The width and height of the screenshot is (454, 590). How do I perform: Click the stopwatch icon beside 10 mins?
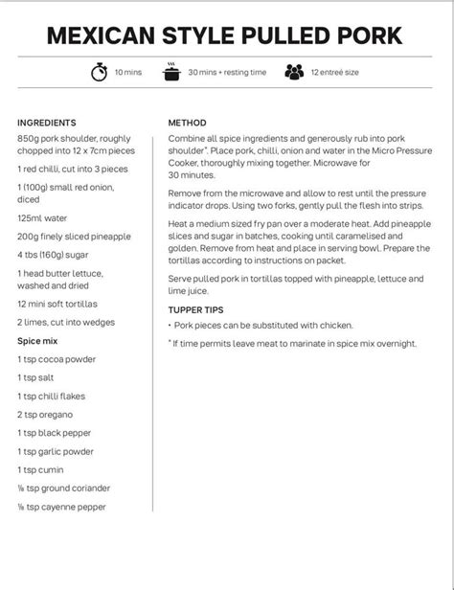(x=99, y=73)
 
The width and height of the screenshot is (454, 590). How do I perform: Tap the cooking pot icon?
(x=171, y=73)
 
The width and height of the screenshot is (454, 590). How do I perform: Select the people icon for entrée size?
(x=294, y=73)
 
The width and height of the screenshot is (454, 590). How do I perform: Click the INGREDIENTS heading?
(x=47, y=124)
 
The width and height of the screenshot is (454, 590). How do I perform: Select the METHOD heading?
(x=187, y=124)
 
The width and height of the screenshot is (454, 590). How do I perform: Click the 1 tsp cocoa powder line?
(x=57, y=359)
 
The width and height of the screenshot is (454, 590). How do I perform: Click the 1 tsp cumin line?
(x=40, y=469)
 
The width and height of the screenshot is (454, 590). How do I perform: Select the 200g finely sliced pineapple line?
(x=75, y=236)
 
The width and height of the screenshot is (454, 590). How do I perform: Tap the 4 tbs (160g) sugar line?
(x=55, y=255)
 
